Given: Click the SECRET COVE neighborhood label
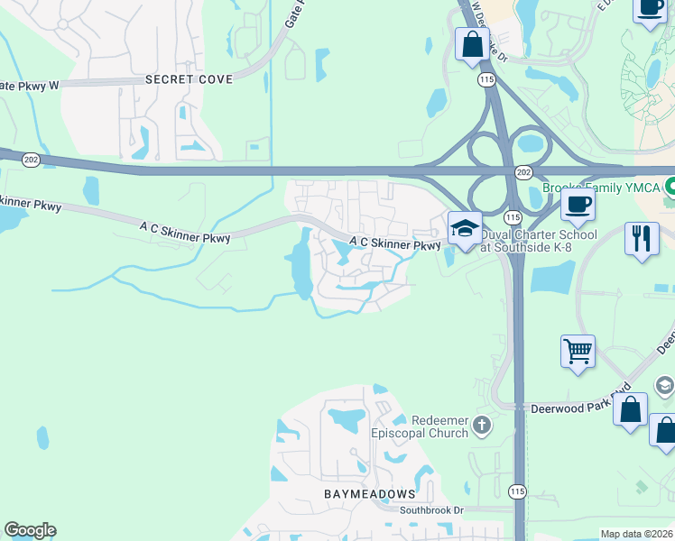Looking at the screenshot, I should click(x=189, y=79).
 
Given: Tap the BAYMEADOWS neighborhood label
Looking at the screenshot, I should click(x=370, y=494).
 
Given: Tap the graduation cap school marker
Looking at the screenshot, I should click(x=465, y=228).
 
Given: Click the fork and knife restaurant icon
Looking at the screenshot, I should click(x=641, y=239).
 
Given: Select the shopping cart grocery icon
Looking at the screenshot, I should click(x=578, y=350).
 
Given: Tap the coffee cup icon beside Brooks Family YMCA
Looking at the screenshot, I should click(x=578, y=204).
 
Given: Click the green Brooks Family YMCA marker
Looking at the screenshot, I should click(x=670, y=188).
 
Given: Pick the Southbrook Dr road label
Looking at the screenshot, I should click(x=431, y=509).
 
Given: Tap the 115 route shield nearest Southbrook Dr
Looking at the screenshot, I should click(x=516, y=491).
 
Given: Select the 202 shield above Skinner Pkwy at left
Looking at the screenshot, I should click(x=31, y=160).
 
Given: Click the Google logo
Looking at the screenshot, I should click(x=30, y=530).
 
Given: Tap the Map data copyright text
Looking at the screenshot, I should click(x=637, y=534).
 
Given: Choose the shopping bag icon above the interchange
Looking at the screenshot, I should click(x=472, y=43).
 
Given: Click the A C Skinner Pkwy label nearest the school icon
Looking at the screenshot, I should click(x=394, y=243).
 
